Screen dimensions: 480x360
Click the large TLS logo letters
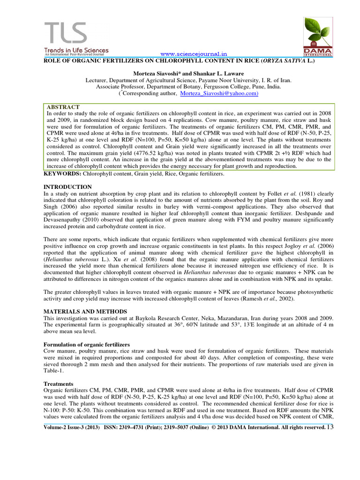[x=66, y=33]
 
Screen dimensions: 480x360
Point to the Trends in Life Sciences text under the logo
[x=76, y=50]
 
